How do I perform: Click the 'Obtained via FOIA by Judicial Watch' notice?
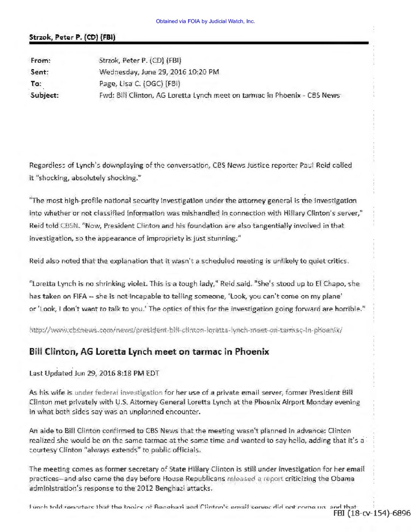pos(205,21)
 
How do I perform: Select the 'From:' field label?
pos(40,60)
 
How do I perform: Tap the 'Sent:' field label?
pos(40,72)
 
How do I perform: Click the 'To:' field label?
pos(36,84)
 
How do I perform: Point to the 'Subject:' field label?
pos(45,95)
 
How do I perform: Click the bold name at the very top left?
pos(72,37)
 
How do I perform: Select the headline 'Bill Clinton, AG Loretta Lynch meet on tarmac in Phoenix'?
pos(149,352)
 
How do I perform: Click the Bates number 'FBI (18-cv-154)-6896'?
pos(372,513)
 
